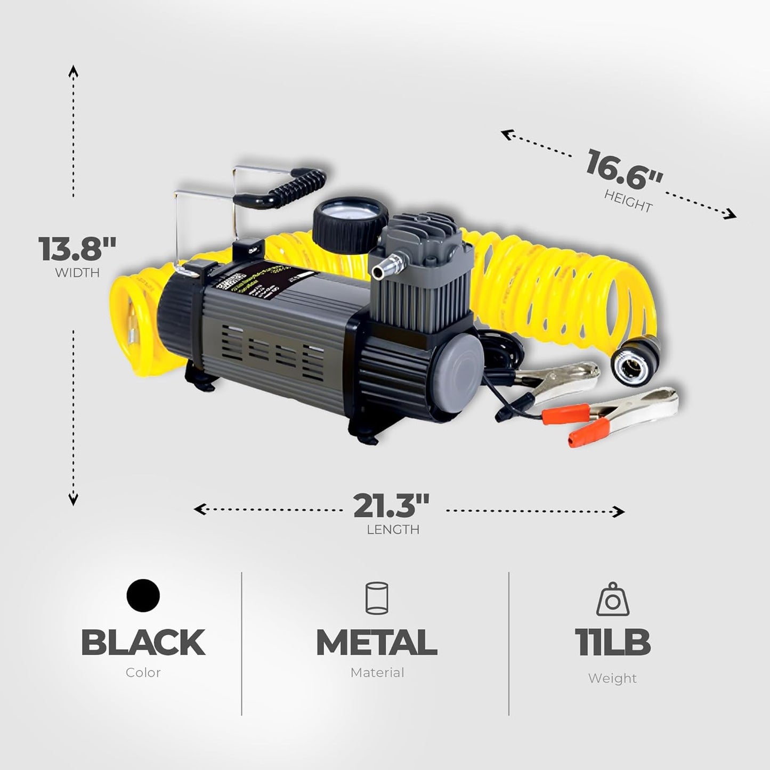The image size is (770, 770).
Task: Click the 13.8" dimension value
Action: click(x=77, y=248)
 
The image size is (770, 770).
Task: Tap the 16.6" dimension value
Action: click(x=624, y=169)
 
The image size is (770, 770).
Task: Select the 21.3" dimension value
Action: click(x=391, y=506)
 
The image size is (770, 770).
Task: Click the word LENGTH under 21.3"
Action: click(x=393, y=530)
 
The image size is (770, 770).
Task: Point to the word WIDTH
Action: click(x=77, y=273)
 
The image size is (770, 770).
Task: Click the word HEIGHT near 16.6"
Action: click(x=628, y=201)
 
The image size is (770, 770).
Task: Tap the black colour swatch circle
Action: click(x=143, y=596)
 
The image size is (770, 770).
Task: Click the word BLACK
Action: click(x=143, y=643)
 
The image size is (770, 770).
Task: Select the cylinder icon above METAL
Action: click(x=377, y=598)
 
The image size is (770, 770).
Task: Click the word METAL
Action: click(x=377, y=643)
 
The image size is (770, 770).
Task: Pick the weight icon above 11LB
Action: click(x=612, y=599)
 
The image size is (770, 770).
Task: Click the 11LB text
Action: click(x=612, y=643)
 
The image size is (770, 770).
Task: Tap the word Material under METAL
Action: click(x=377, y=672)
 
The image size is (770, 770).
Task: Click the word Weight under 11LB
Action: click(x=612, y=678)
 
